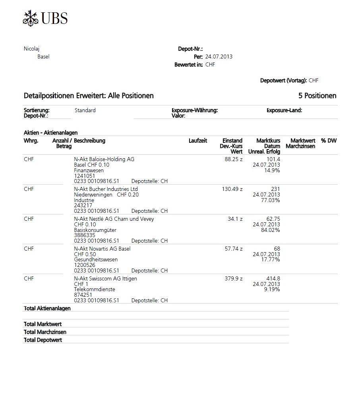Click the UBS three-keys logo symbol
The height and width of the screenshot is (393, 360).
(x=30, y=18)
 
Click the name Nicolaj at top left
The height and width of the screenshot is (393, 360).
(x=32, y=49)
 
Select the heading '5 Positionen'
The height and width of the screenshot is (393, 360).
(x=317, y=96)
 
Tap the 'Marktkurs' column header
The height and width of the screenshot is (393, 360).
(x=268, y=141)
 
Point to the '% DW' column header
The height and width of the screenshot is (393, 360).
(x=329, y=141)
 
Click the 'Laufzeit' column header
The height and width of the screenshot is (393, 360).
(x=197, y=141)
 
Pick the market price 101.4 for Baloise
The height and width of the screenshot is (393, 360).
(x=273, y=159)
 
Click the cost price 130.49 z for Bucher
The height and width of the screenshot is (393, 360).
(x=232, y=189)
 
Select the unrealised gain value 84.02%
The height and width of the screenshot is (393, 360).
(x=270, y=230)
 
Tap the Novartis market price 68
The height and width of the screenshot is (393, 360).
(x=277, y=249)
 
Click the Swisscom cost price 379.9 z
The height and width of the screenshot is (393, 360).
(x=234, y=278)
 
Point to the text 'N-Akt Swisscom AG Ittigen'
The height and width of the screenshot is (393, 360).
(x=105, y=278)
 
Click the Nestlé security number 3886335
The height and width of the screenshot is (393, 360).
(x=85, y=235)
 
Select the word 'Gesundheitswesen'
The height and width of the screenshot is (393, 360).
(x=96, y=260)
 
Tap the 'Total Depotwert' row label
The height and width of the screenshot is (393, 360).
(x=43, y=340)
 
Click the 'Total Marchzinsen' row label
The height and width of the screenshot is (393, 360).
(x=45, y=332)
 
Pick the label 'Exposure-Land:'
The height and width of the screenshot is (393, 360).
(x=284, y=110)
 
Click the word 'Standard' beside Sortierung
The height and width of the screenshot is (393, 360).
(x=85, y=110)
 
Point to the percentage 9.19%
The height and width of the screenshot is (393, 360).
(x=272, y=290)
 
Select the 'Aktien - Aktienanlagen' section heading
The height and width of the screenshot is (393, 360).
(x=50, y=133)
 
